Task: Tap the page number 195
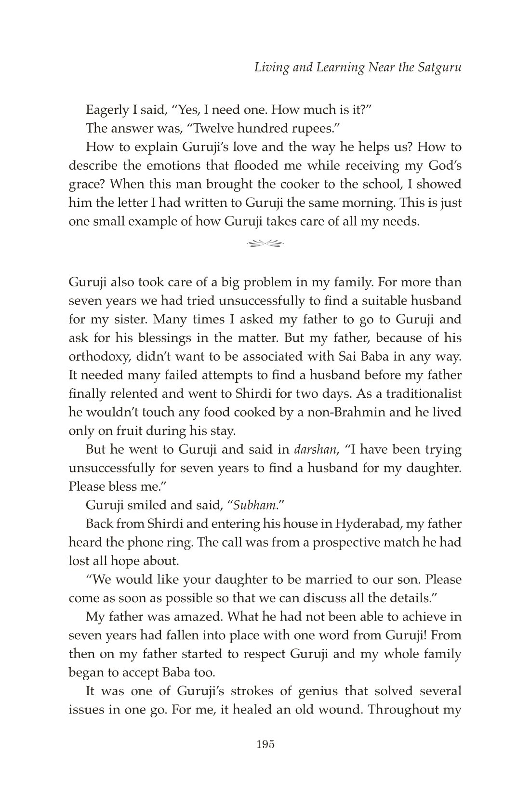coord(265,744)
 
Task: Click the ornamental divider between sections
coord(265,243)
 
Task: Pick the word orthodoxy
coord(100,357)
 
